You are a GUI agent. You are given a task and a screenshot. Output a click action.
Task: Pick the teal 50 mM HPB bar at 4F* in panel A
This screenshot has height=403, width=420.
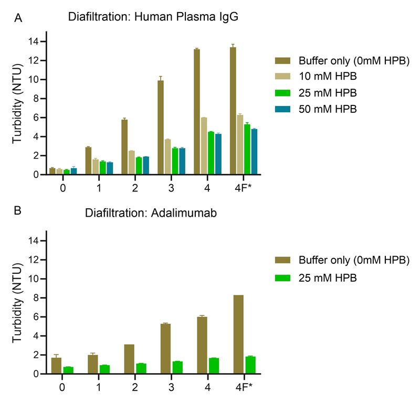pyautogui.click(x=254, y=152)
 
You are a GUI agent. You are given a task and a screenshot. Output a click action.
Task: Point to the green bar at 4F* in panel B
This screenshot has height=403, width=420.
pyautogui.click(x=250, y=365)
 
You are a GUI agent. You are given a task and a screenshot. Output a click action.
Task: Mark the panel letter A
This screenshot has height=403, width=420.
pyautogui.click(x=19, y=18)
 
